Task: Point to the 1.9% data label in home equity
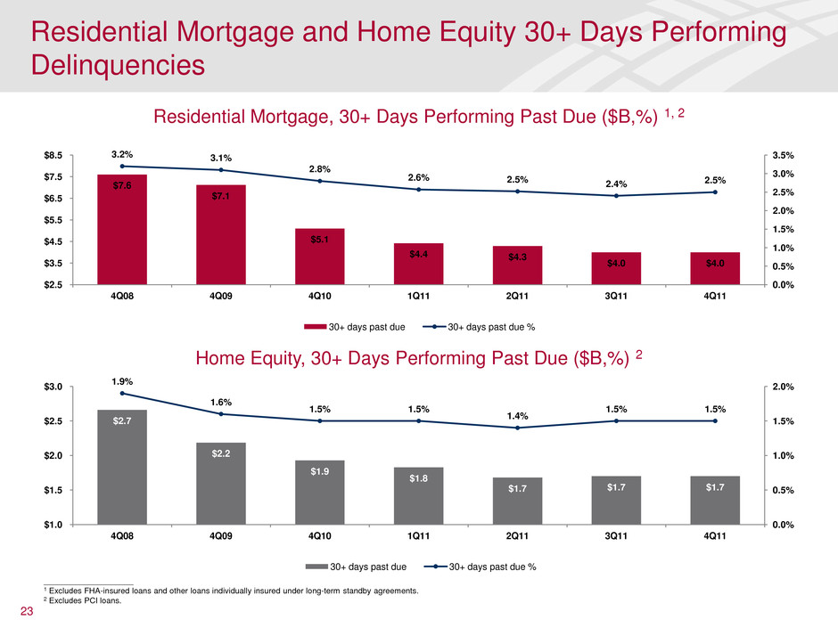(122, 381)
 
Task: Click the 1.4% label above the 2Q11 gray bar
(518, 415)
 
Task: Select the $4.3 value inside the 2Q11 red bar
(518, 257)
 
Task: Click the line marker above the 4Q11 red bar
(716, 192)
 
